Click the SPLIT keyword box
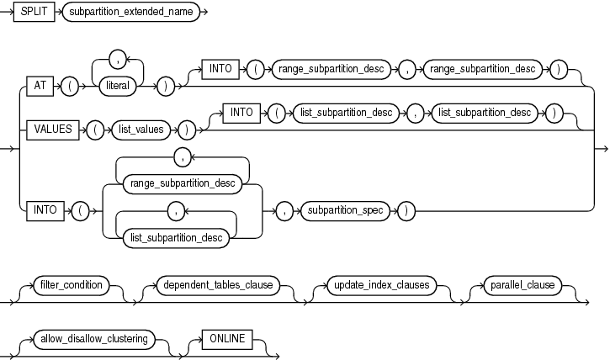coord(34,16)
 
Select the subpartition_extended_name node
coord(131,16)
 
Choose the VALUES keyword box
coord(52,129)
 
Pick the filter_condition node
coord(71,285)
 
